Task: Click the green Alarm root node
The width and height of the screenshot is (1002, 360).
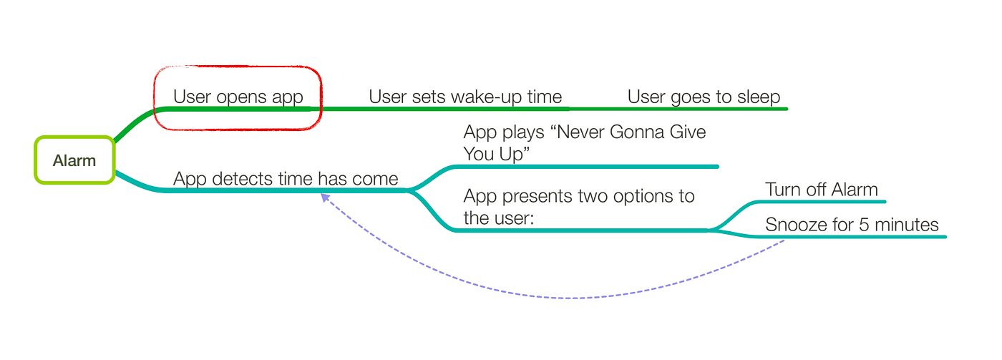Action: [x=74, y=160]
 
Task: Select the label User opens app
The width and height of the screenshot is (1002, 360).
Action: [x=238, y=97]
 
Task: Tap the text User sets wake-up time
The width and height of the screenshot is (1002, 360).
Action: [x=465, y=97]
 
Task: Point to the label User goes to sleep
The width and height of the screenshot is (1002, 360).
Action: [x=704, y=97]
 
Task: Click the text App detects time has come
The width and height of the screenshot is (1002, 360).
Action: [x=286, y=178]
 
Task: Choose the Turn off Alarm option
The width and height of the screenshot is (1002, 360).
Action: [x=821, y=190]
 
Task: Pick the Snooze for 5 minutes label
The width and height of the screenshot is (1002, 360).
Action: [x=852, y=225]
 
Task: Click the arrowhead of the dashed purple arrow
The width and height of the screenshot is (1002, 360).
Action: [x=324, y=197]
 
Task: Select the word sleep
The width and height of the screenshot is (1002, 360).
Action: [x=757, y=97]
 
